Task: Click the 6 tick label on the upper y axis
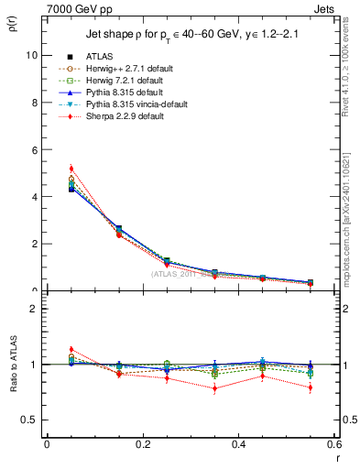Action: point(34,149)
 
